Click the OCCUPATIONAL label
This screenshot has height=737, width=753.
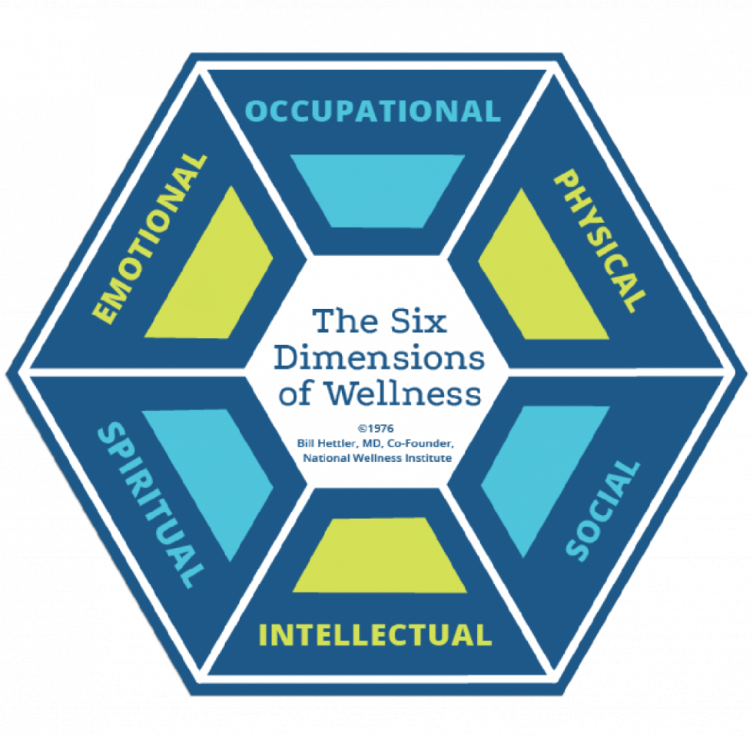point(373,111)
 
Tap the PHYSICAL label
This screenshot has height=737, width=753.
point(600,240)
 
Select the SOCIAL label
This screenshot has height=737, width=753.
point(603,510)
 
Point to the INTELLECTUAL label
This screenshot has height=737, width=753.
point(375,635)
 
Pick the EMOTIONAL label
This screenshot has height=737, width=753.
point(150,238)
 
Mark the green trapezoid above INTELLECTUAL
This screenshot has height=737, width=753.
point(380,556)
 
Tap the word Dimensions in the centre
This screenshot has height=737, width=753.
point(380,357)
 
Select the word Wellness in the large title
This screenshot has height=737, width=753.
point(403,393)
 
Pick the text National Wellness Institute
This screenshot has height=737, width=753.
point(375,458)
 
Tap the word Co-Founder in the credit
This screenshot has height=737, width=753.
point(424,444)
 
